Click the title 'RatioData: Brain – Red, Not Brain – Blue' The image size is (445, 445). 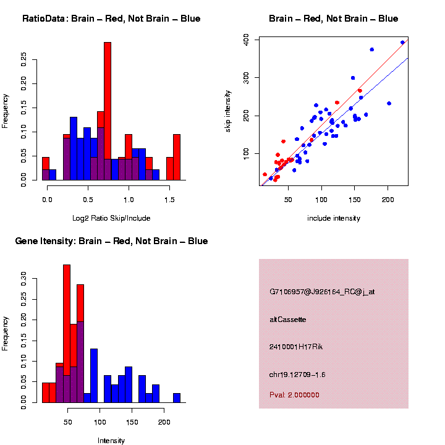pos(111,19)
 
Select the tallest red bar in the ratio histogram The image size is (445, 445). pos(108,111)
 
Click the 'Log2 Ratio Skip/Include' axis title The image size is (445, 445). pos(111,218)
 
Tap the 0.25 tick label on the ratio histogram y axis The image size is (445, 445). pos(24,58)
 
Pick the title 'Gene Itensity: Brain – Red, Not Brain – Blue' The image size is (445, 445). pos(111,241)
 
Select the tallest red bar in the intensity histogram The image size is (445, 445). pos(67,334)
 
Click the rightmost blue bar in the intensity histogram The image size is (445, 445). pos(177,398)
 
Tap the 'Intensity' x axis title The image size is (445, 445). pos(111,441)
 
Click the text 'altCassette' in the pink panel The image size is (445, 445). pos(288,320)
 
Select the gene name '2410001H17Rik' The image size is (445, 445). pos(296,347)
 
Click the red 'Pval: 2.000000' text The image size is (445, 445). pos(295,394)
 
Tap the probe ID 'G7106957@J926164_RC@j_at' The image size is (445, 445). pos(314,291)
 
